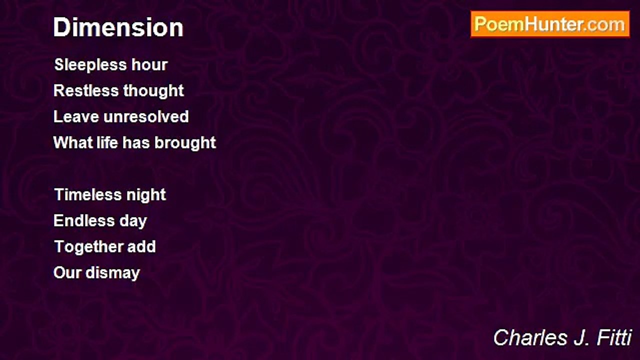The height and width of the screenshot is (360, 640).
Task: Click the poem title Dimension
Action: pyautogui.click(x=118, y=27)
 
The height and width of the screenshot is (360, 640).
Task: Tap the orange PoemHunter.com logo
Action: pyautogui.click(x=550, y=24)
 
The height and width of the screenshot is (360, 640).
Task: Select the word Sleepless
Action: pyautogui.click(x=90, y=65)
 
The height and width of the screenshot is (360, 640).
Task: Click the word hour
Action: pyautogui.click(x=149, y=64)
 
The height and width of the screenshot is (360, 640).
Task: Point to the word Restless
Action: pyautogui.click(x=86, y=90)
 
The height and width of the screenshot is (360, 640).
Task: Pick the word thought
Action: pyautogui.click(x=153, y=91)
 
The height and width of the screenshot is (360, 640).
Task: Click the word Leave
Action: pyautogui.click(x=76, y=116)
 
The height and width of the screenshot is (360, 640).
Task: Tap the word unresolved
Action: pyautogui.click(x=146, y=116)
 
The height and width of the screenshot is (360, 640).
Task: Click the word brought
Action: pyautogui.click(x=185, y=143)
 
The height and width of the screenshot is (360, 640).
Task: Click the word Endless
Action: pyautogui.click(x=84, y=220)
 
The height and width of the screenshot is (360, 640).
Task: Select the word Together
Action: pyautogui.click(x=88, y=247)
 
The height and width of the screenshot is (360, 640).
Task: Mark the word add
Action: pyautogui.click(x=141, y=246)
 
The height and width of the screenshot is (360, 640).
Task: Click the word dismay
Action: pyautogui.click(x=113, y=273)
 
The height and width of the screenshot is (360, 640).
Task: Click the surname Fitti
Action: pyautogui.click(x=613, y=337)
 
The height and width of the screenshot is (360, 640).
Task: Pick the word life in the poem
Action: pyautogui.click(x=107, y=142)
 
